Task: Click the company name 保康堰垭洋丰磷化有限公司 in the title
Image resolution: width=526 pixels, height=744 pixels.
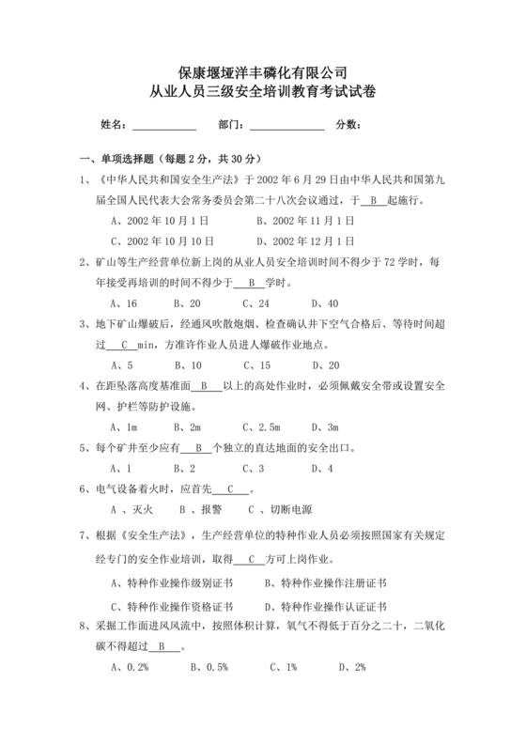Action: pyautogui.click(x=263, y=71)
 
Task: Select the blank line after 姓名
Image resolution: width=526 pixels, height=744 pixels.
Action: pyautogui.click(x=164, y=125)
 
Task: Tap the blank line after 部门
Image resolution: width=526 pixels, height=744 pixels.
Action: pyautogui.click(x=287, y=125)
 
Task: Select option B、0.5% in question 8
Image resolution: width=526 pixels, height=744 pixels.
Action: pyautogui.click(x=209, y=668)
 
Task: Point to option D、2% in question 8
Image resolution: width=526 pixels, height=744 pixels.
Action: pyautogui.click(x=352, y=668)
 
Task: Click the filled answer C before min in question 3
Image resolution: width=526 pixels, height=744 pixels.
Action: pyautogui.click(x=125, y=345)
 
